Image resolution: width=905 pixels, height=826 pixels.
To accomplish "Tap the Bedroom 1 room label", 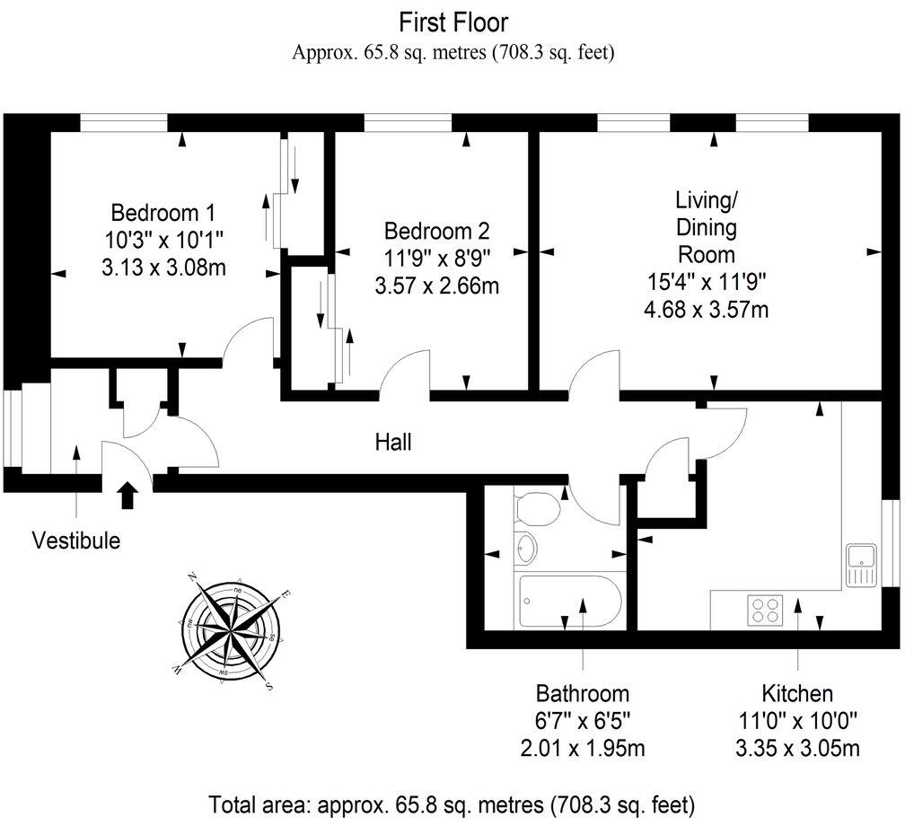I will [163, 213].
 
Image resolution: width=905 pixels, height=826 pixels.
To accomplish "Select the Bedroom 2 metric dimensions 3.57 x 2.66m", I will [435, 286].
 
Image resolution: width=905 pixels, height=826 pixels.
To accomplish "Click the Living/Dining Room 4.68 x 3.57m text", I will [707, 310].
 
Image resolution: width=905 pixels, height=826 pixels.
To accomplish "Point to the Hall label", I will [393, 442].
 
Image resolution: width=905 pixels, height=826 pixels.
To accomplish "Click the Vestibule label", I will [75, 540].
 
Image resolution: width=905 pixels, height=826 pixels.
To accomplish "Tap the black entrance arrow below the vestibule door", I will [128, 495].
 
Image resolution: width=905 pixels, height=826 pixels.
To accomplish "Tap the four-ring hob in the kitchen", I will [765, 610].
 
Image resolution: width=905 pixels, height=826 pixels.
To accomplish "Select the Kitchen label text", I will [797, 693].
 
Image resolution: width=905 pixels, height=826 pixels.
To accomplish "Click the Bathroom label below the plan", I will [583, 693].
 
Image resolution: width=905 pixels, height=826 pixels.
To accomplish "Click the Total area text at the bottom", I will [452, 803].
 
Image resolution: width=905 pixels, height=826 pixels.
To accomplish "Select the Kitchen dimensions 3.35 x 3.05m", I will [797, 747].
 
